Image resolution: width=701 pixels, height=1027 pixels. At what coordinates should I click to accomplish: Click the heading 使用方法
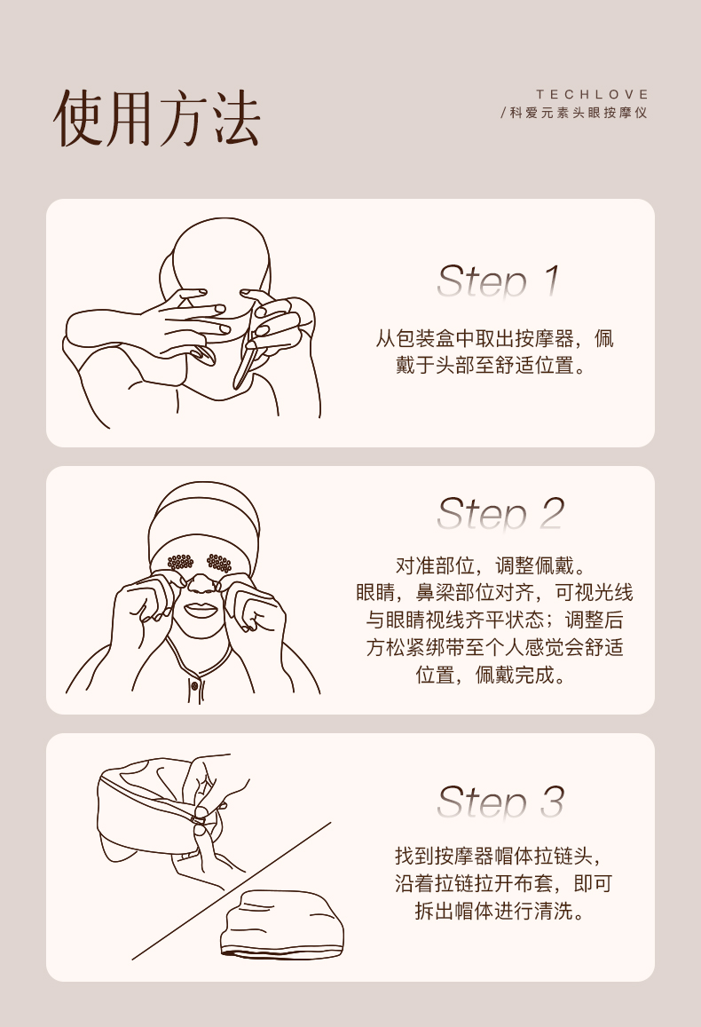click(156, 118)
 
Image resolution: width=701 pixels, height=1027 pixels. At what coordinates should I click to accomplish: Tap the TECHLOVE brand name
click(593, 94)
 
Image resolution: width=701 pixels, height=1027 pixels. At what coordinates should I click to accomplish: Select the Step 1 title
click(498, 281)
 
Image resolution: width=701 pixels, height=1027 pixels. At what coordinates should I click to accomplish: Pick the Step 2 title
click(500, 513)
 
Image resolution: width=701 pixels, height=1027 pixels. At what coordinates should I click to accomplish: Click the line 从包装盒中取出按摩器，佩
click(494, 338)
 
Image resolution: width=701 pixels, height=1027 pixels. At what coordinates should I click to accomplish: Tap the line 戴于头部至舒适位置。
click(491, 365)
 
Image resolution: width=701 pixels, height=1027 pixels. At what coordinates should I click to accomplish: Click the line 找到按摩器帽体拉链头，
click(498, 856)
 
